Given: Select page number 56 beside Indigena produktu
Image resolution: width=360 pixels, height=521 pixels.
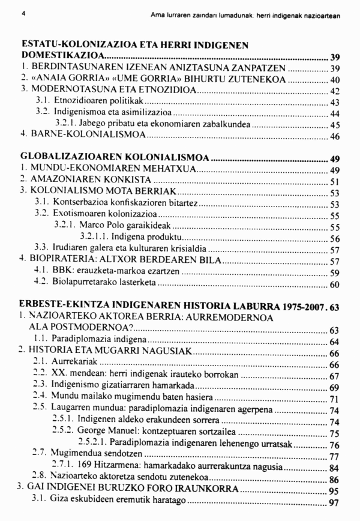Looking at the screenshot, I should point(335,238).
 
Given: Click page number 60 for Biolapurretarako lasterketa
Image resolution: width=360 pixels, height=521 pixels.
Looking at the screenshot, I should point(335,284).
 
